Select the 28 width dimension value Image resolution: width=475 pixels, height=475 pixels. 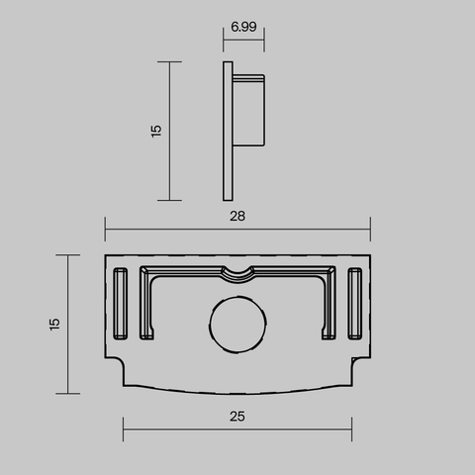(237, 215)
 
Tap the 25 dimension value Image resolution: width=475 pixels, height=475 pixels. (237, 417)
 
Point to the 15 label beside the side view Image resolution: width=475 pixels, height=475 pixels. (156, 131)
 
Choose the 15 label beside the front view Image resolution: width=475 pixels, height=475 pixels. (55, 323)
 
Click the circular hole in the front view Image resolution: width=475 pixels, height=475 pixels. (237, 323)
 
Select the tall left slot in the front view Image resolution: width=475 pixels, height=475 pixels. (121, 304)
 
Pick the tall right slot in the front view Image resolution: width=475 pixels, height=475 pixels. (355, 304)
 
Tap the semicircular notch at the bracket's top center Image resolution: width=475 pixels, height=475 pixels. (237, 272)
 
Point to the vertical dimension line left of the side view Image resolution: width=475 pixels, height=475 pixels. (170, 131)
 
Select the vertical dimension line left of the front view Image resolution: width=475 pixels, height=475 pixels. (67, 323)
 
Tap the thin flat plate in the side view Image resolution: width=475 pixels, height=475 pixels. (228, 131)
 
